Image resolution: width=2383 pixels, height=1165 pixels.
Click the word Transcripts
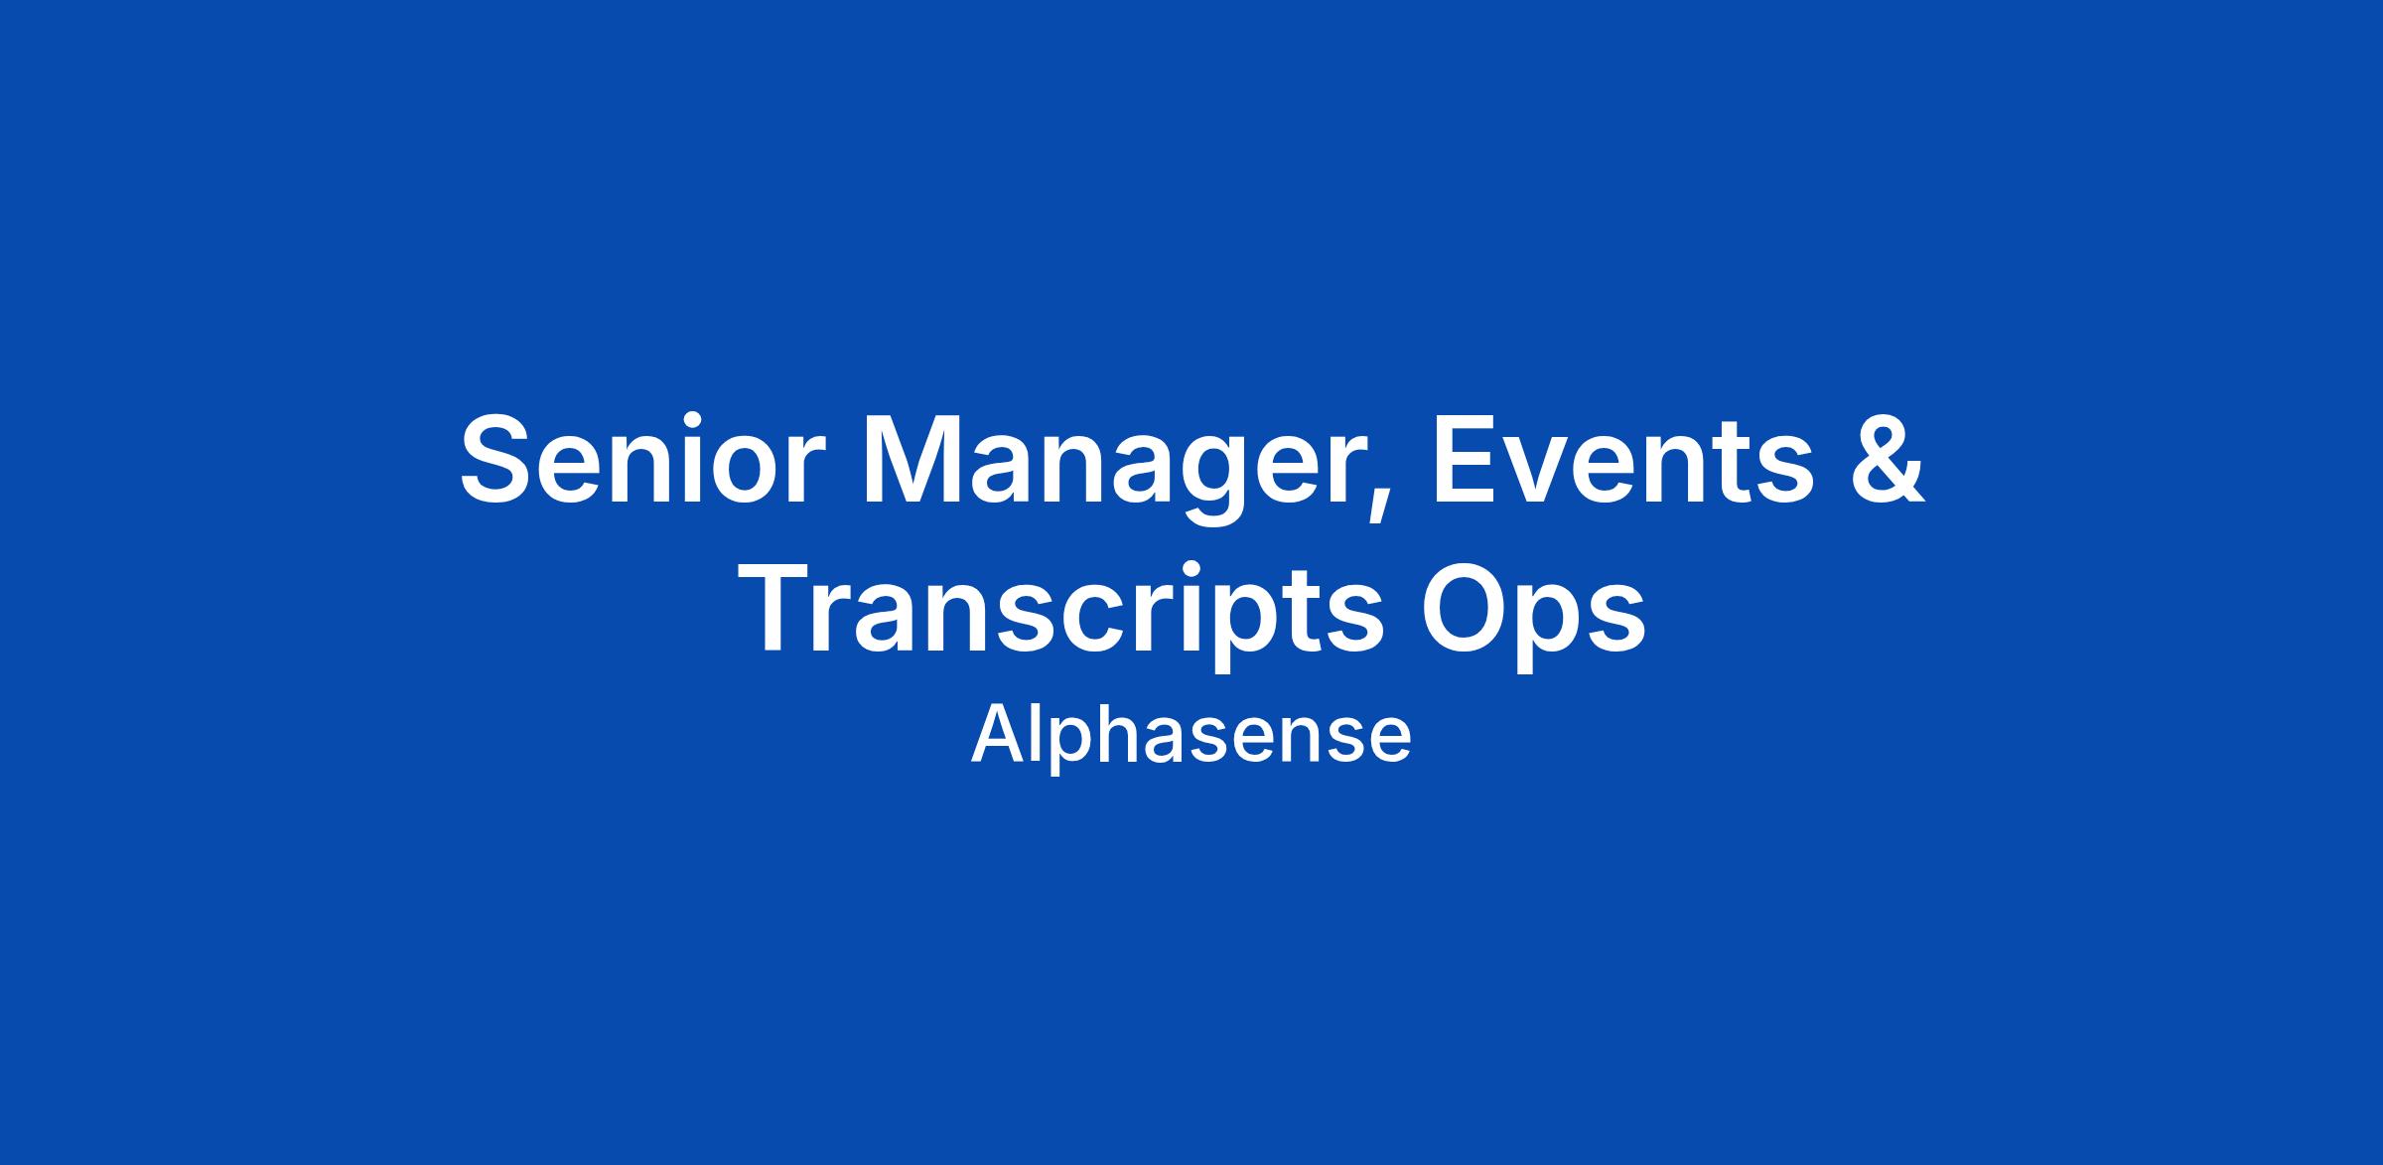[1066, 615]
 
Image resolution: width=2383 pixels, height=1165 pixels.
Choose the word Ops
[1533, 615]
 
